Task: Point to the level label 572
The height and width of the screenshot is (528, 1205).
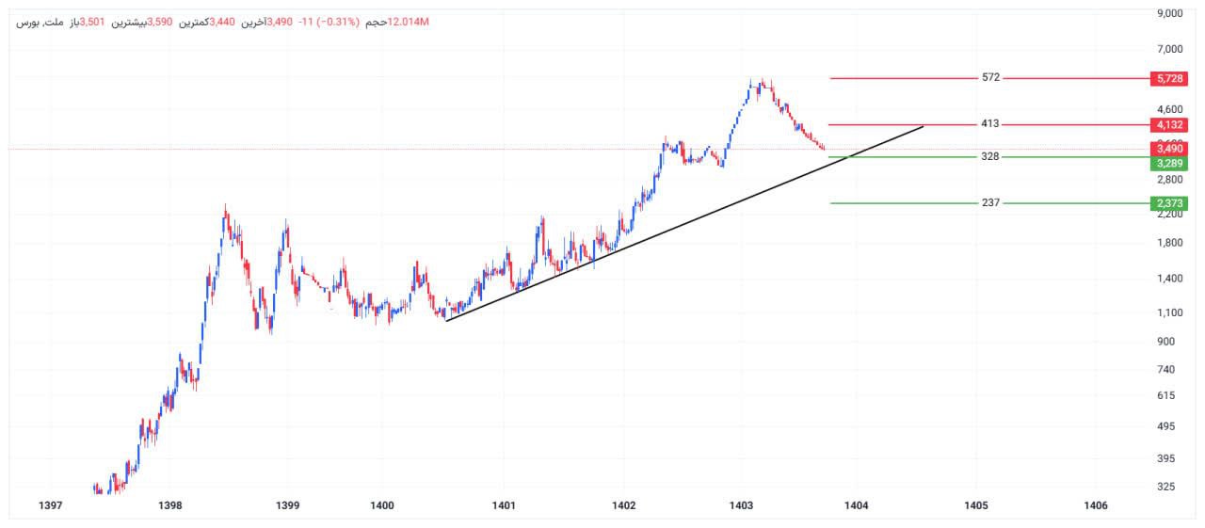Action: (990, 78)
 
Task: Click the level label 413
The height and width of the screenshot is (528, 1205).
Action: (990, 124)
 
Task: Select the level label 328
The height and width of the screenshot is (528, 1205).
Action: (990, 157)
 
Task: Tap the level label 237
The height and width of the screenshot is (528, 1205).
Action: (990, 203)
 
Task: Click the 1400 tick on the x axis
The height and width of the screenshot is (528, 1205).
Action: (382, 506)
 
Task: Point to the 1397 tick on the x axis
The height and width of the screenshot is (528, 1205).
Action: (51, 506)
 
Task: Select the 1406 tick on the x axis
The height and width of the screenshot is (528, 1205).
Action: (1096, 506)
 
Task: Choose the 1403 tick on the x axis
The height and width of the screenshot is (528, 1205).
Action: (742, 506)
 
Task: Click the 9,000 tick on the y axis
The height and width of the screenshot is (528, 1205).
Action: (1168, 14)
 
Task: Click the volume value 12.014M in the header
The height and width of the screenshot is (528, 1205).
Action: (410, 22)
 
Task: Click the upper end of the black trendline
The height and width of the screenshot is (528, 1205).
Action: (923, 125)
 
